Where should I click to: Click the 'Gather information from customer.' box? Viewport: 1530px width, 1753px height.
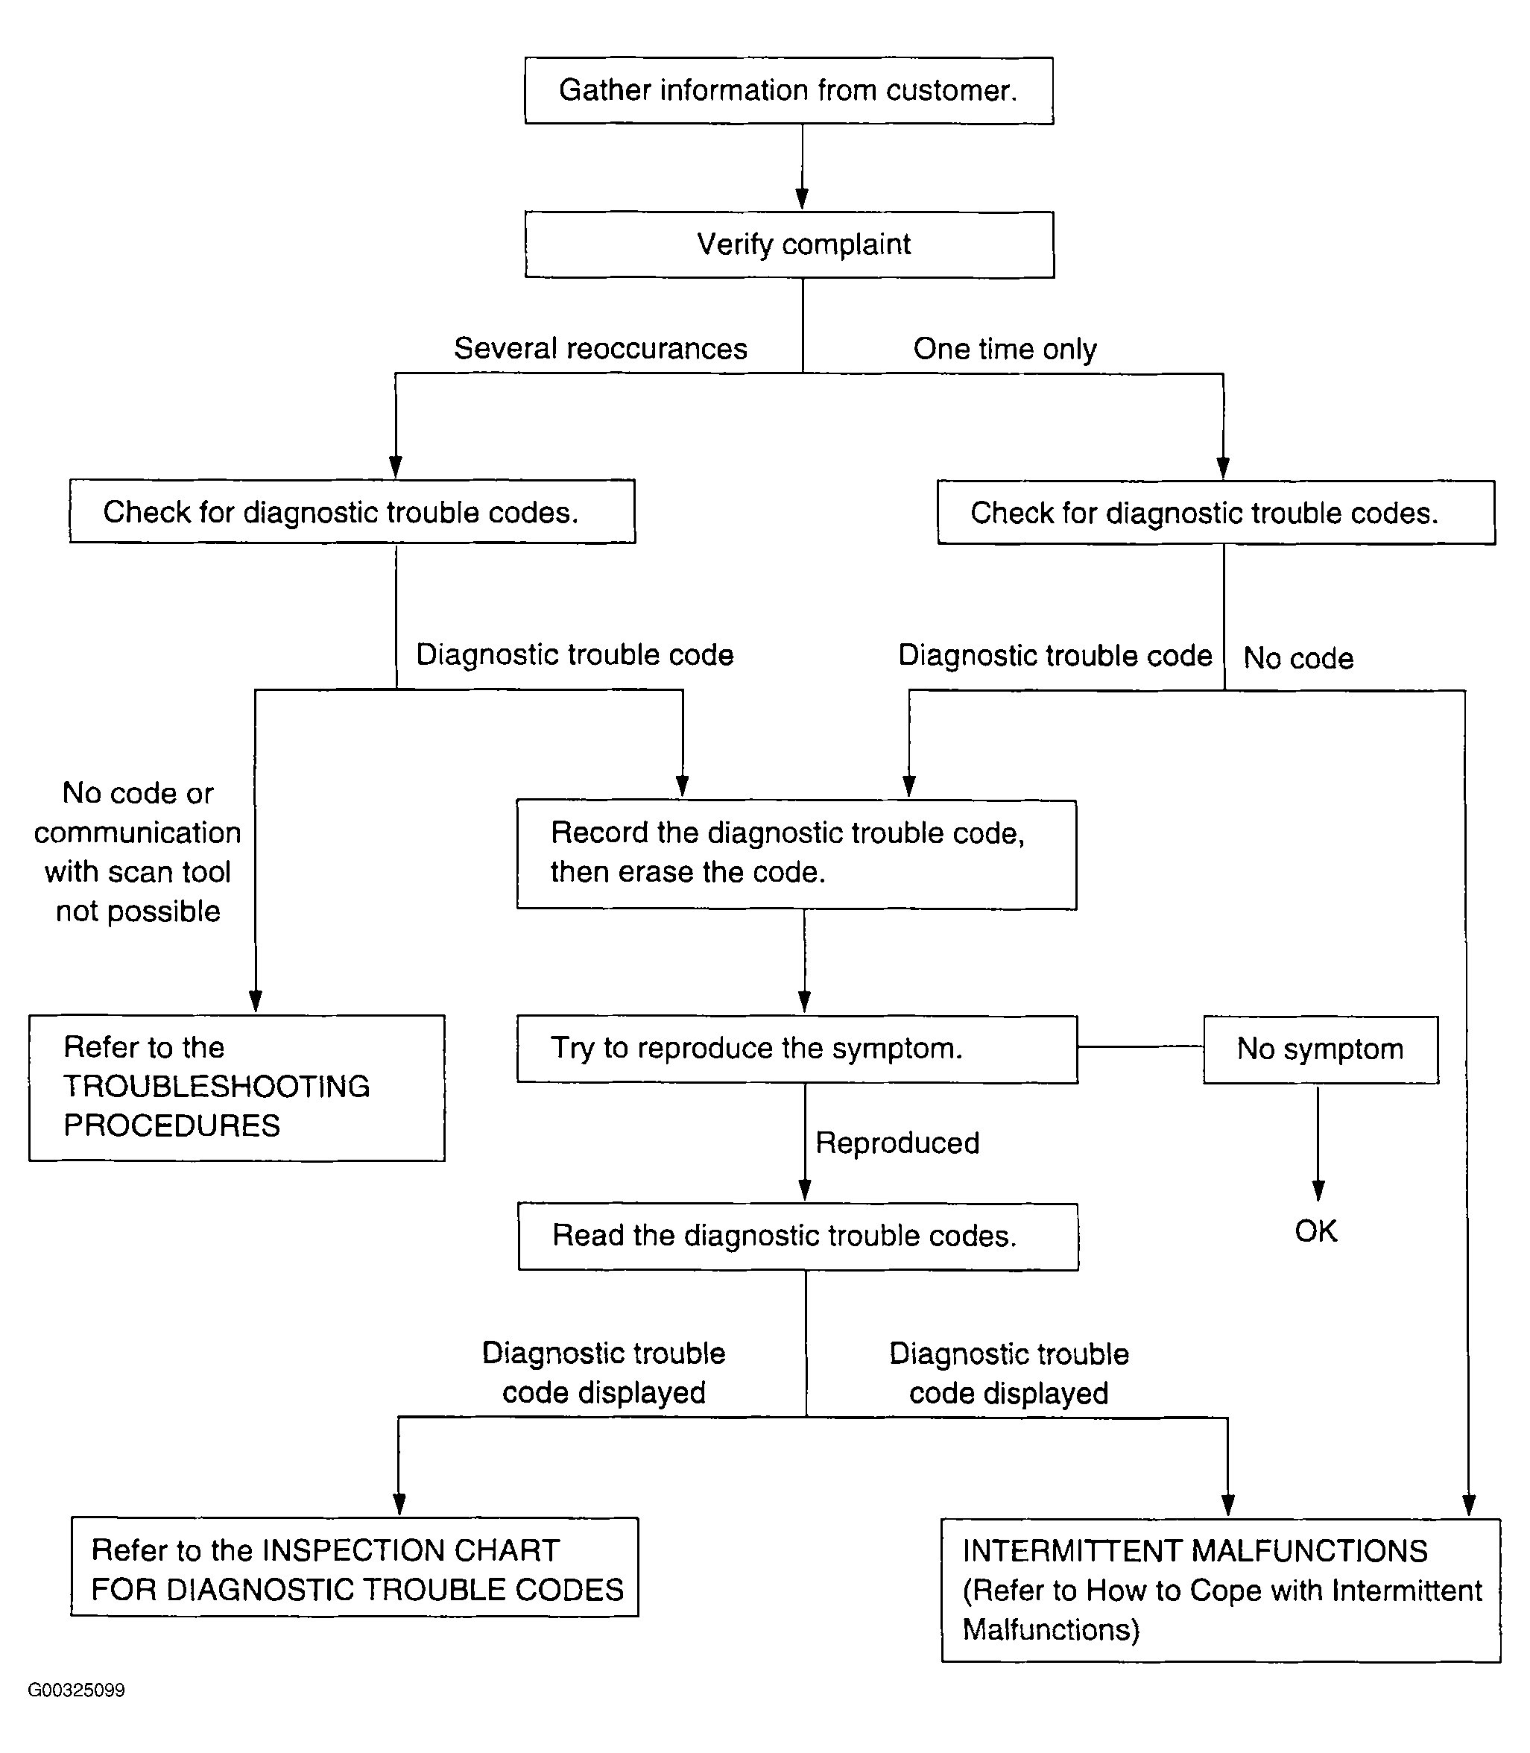(789, 90)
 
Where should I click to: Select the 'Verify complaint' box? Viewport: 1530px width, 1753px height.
(789, 244)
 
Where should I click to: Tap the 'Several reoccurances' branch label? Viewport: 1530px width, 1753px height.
(600, 348)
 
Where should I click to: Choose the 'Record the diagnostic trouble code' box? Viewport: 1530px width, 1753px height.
(797, 854)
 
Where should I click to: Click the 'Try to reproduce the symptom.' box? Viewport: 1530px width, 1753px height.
(797, 1049)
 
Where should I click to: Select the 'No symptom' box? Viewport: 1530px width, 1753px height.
(1321, 1049)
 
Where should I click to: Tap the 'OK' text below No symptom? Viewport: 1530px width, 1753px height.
(1315, 1231)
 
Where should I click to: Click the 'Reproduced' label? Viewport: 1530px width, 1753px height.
(897, 1143)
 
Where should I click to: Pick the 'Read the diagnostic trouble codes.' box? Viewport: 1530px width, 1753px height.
(798, 1236)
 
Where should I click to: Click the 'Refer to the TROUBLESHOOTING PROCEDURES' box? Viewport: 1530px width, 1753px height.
(236, 1088)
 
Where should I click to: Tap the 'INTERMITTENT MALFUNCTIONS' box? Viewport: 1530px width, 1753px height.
(1221, 1590)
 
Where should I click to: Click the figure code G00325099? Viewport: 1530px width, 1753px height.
(76, 1690)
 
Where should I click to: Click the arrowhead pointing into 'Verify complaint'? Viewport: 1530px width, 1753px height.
(802, 199)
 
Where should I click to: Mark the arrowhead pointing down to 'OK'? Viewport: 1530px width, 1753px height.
(1318, 1190)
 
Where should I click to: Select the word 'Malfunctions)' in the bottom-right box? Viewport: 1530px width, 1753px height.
(1051, 1630)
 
